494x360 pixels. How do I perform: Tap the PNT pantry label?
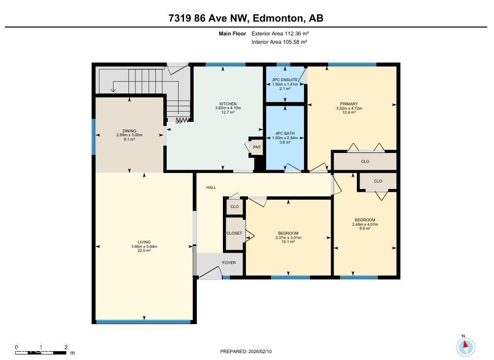256,147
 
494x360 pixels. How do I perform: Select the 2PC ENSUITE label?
285,80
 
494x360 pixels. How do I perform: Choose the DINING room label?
129,131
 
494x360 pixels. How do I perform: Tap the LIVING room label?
144,242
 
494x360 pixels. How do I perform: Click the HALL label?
211,187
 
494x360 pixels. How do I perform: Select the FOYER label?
229,263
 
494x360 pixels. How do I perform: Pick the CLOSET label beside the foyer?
234,233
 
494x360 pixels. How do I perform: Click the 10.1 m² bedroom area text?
288,242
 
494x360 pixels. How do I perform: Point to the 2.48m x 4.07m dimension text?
365,224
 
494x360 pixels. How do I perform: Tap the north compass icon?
465,347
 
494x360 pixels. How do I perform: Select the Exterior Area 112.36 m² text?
280,34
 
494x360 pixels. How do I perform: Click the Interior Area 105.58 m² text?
279,42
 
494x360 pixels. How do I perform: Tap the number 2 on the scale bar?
66,347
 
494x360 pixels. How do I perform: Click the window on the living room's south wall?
143,322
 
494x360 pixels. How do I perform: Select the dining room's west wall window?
93,137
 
